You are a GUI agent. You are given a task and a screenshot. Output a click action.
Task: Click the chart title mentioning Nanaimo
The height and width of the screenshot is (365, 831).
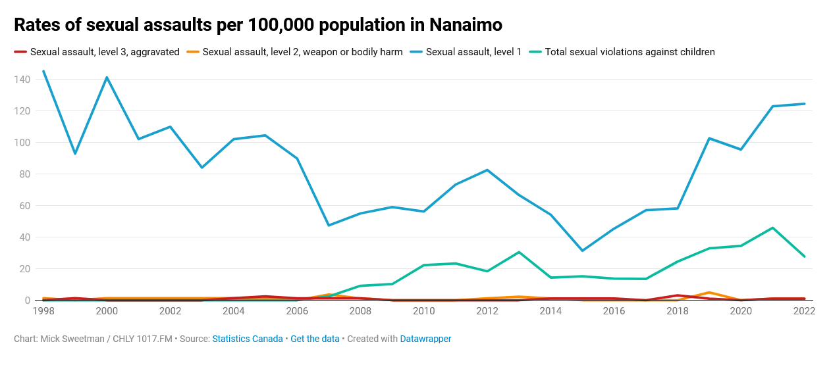pyautogui.click(x=257, y=25)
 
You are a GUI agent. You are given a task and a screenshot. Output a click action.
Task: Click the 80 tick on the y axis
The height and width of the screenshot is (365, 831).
pyautogui.click(x=25, y=174)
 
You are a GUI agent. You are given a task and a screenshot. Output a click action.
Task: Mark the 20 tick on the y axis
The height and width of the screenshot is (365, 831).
pyautogui.click(x=25, y=269)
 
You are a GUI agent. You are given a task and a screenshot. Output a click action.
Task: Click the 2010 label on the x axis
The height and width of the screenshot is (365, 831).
pyautogui.click(x=424, y=311)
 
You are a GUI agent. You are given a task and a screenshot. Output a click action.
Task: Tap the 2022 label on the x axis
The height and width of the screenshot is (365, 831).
pyautogui.click(x=804, y=311)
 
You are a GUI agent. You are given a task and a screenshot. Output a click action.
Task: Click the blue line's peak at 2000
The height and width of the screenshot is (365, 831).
pyautogui.click(x=107, y=78)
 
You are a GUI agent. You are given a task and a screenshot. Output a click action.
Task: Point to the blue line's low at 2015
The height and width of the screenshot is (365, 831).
pyautogui.click(x=582, y=251)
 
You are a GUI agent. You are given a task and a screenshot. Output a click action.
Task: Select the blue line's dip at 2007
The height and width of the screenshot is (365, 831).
pyautogui.click(x=329, y=226)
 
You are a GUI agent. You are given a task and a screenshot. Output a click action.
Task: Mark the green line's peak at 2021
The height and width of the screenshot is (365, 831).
pyautogui.click(x=772, y=228)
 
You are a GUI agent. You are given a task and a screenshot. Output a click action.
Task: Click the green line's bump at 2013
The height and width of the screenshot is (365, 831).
pyautogui.click(x=519, y=252)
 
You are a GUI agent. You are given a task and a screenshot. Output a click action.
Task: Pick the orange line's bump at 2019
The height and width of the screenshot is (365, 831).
pyautogui.click(x=709, y=292)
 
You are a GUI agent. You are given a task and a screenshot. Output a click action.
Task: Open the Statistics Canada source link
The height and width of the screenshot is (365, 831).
pyautogui.click(x=247, y=339)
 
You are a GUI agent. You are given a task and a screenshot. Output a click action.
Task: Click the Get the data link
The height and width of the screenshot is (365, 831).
pyautogui.click(x=315, y=339)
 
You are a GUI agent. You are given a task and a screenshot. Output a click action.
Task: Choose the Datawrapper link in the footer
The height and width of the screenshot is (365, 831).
pyautogui.click(x=425, y=339)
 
